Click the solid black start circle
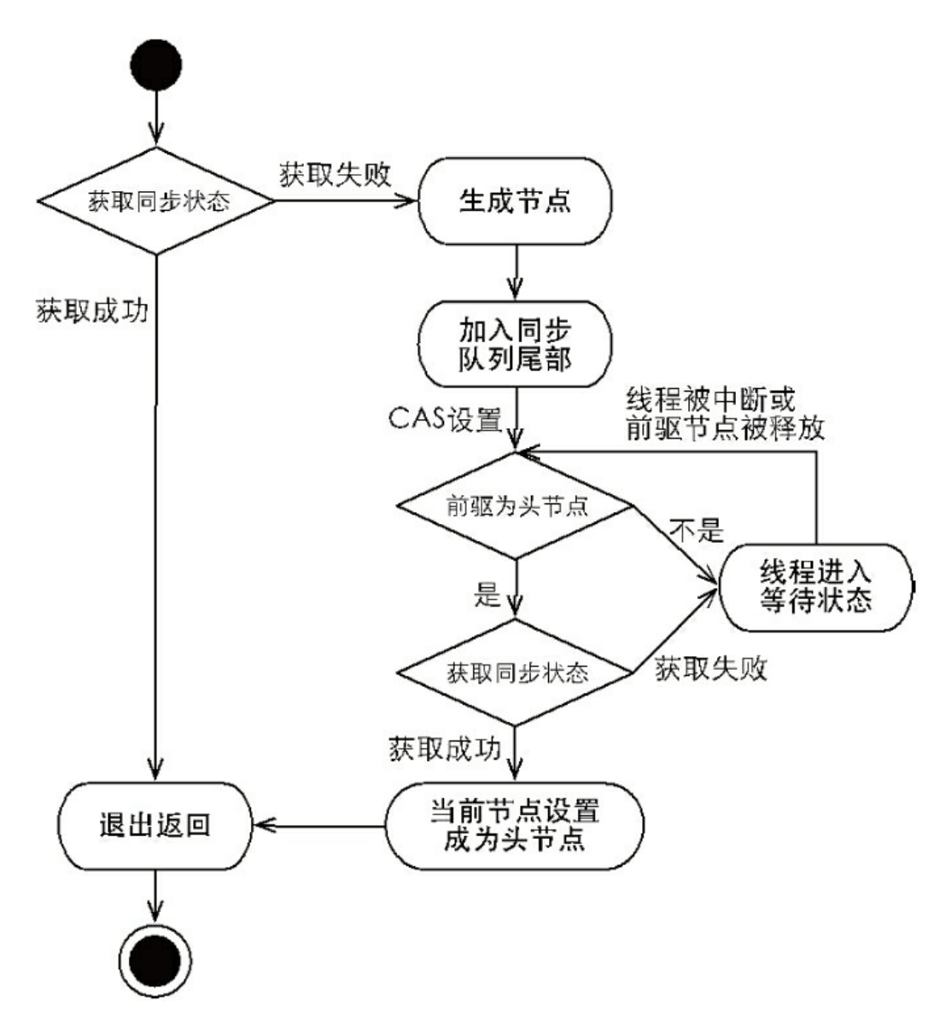(155, 64)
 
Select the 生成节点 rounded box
(515, 202)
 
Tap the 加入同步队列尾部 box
(515, 343)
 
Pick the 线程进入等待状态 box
(815, 586)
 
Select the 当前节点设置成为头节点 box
(514, 825)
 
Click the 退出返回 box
(155, 825)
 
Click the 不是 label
(696, 532)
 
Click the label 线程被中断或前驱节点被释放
(726, 413)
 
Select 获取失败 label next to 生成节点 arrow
(335, 173)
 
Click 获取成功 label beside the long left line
(91, 310)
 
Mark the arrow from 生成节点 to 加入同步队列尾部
(516, 272)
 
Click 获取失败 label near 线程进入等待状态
(710, 669)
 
